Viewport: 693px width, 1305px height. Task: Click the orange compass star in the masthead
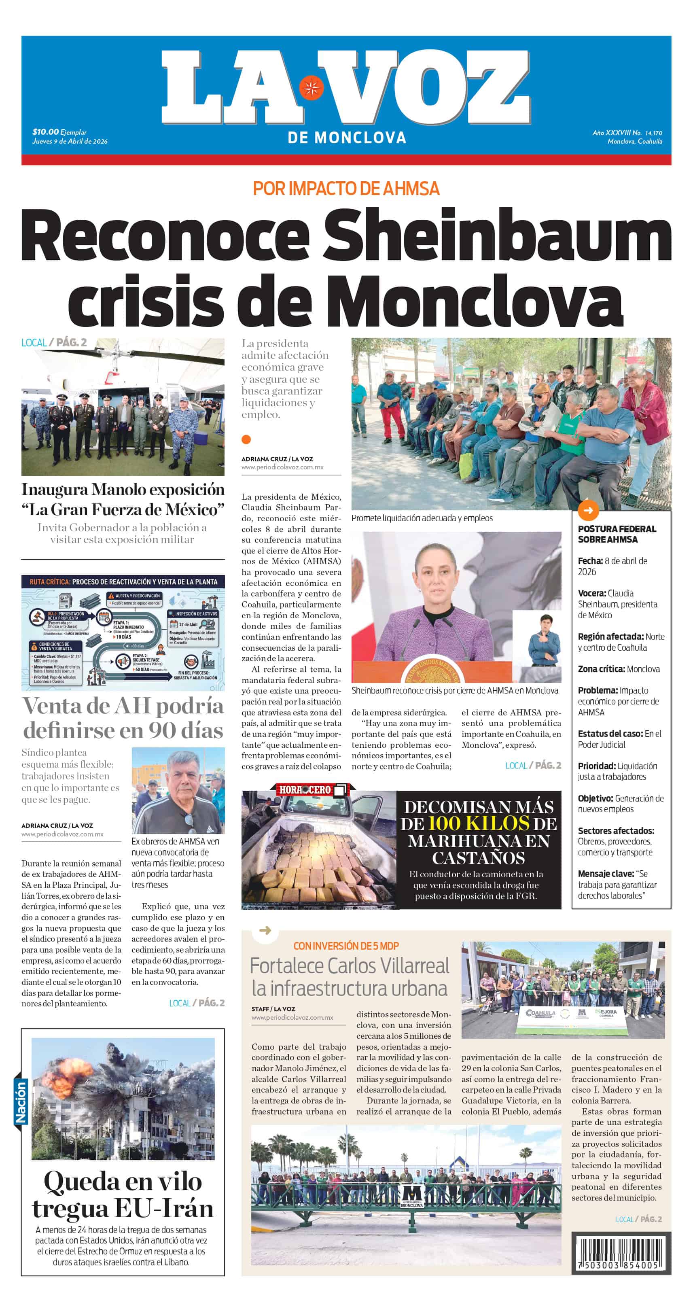311,88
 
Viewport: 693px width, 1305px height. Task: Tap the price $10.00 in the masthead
45,132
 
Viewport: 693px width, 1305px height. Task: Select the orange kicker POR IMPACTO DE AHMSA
346,189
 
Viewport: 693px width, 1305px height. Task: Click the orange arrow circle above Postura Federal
588,510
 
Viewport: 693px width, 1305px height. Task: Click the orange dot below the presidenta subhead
246,439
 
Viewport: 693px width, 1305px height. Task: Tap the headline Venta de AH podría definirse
123,718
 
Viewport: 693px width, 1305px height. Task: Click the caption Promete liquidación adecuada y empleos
422,518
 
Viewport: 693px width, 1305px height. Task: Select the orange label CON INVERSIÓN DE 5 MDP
346,945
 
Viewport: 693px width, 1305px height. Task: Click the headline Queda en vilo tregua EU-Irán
123,1194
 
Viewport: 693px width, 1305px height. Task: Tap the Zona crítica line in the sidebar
619,669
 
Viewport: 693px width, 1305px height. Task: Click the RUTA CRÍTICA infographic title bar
123,581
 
